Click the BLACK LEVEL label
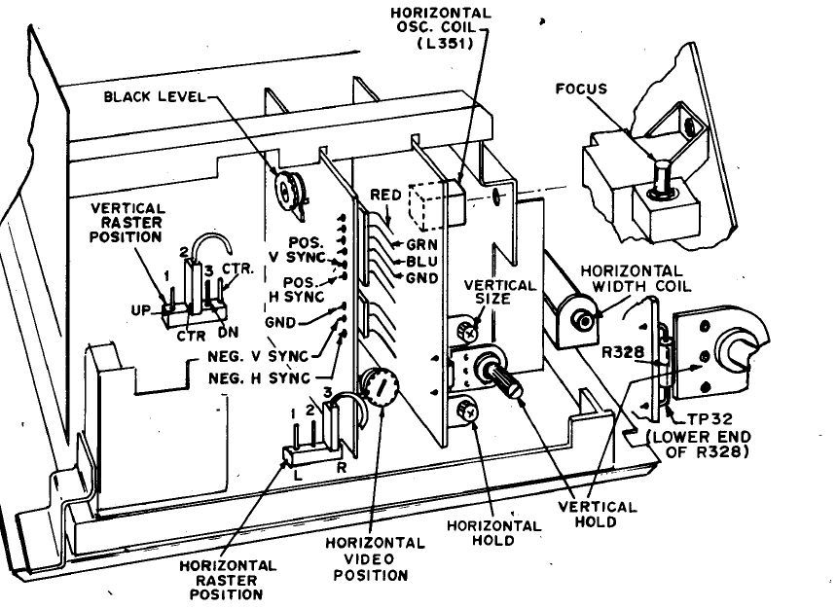(x=153, y=96)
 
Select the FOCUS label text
(x=581, y=89)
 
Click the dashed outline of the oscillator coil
(x=425, y=204)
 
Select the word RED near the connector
(x=385, y=196)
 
